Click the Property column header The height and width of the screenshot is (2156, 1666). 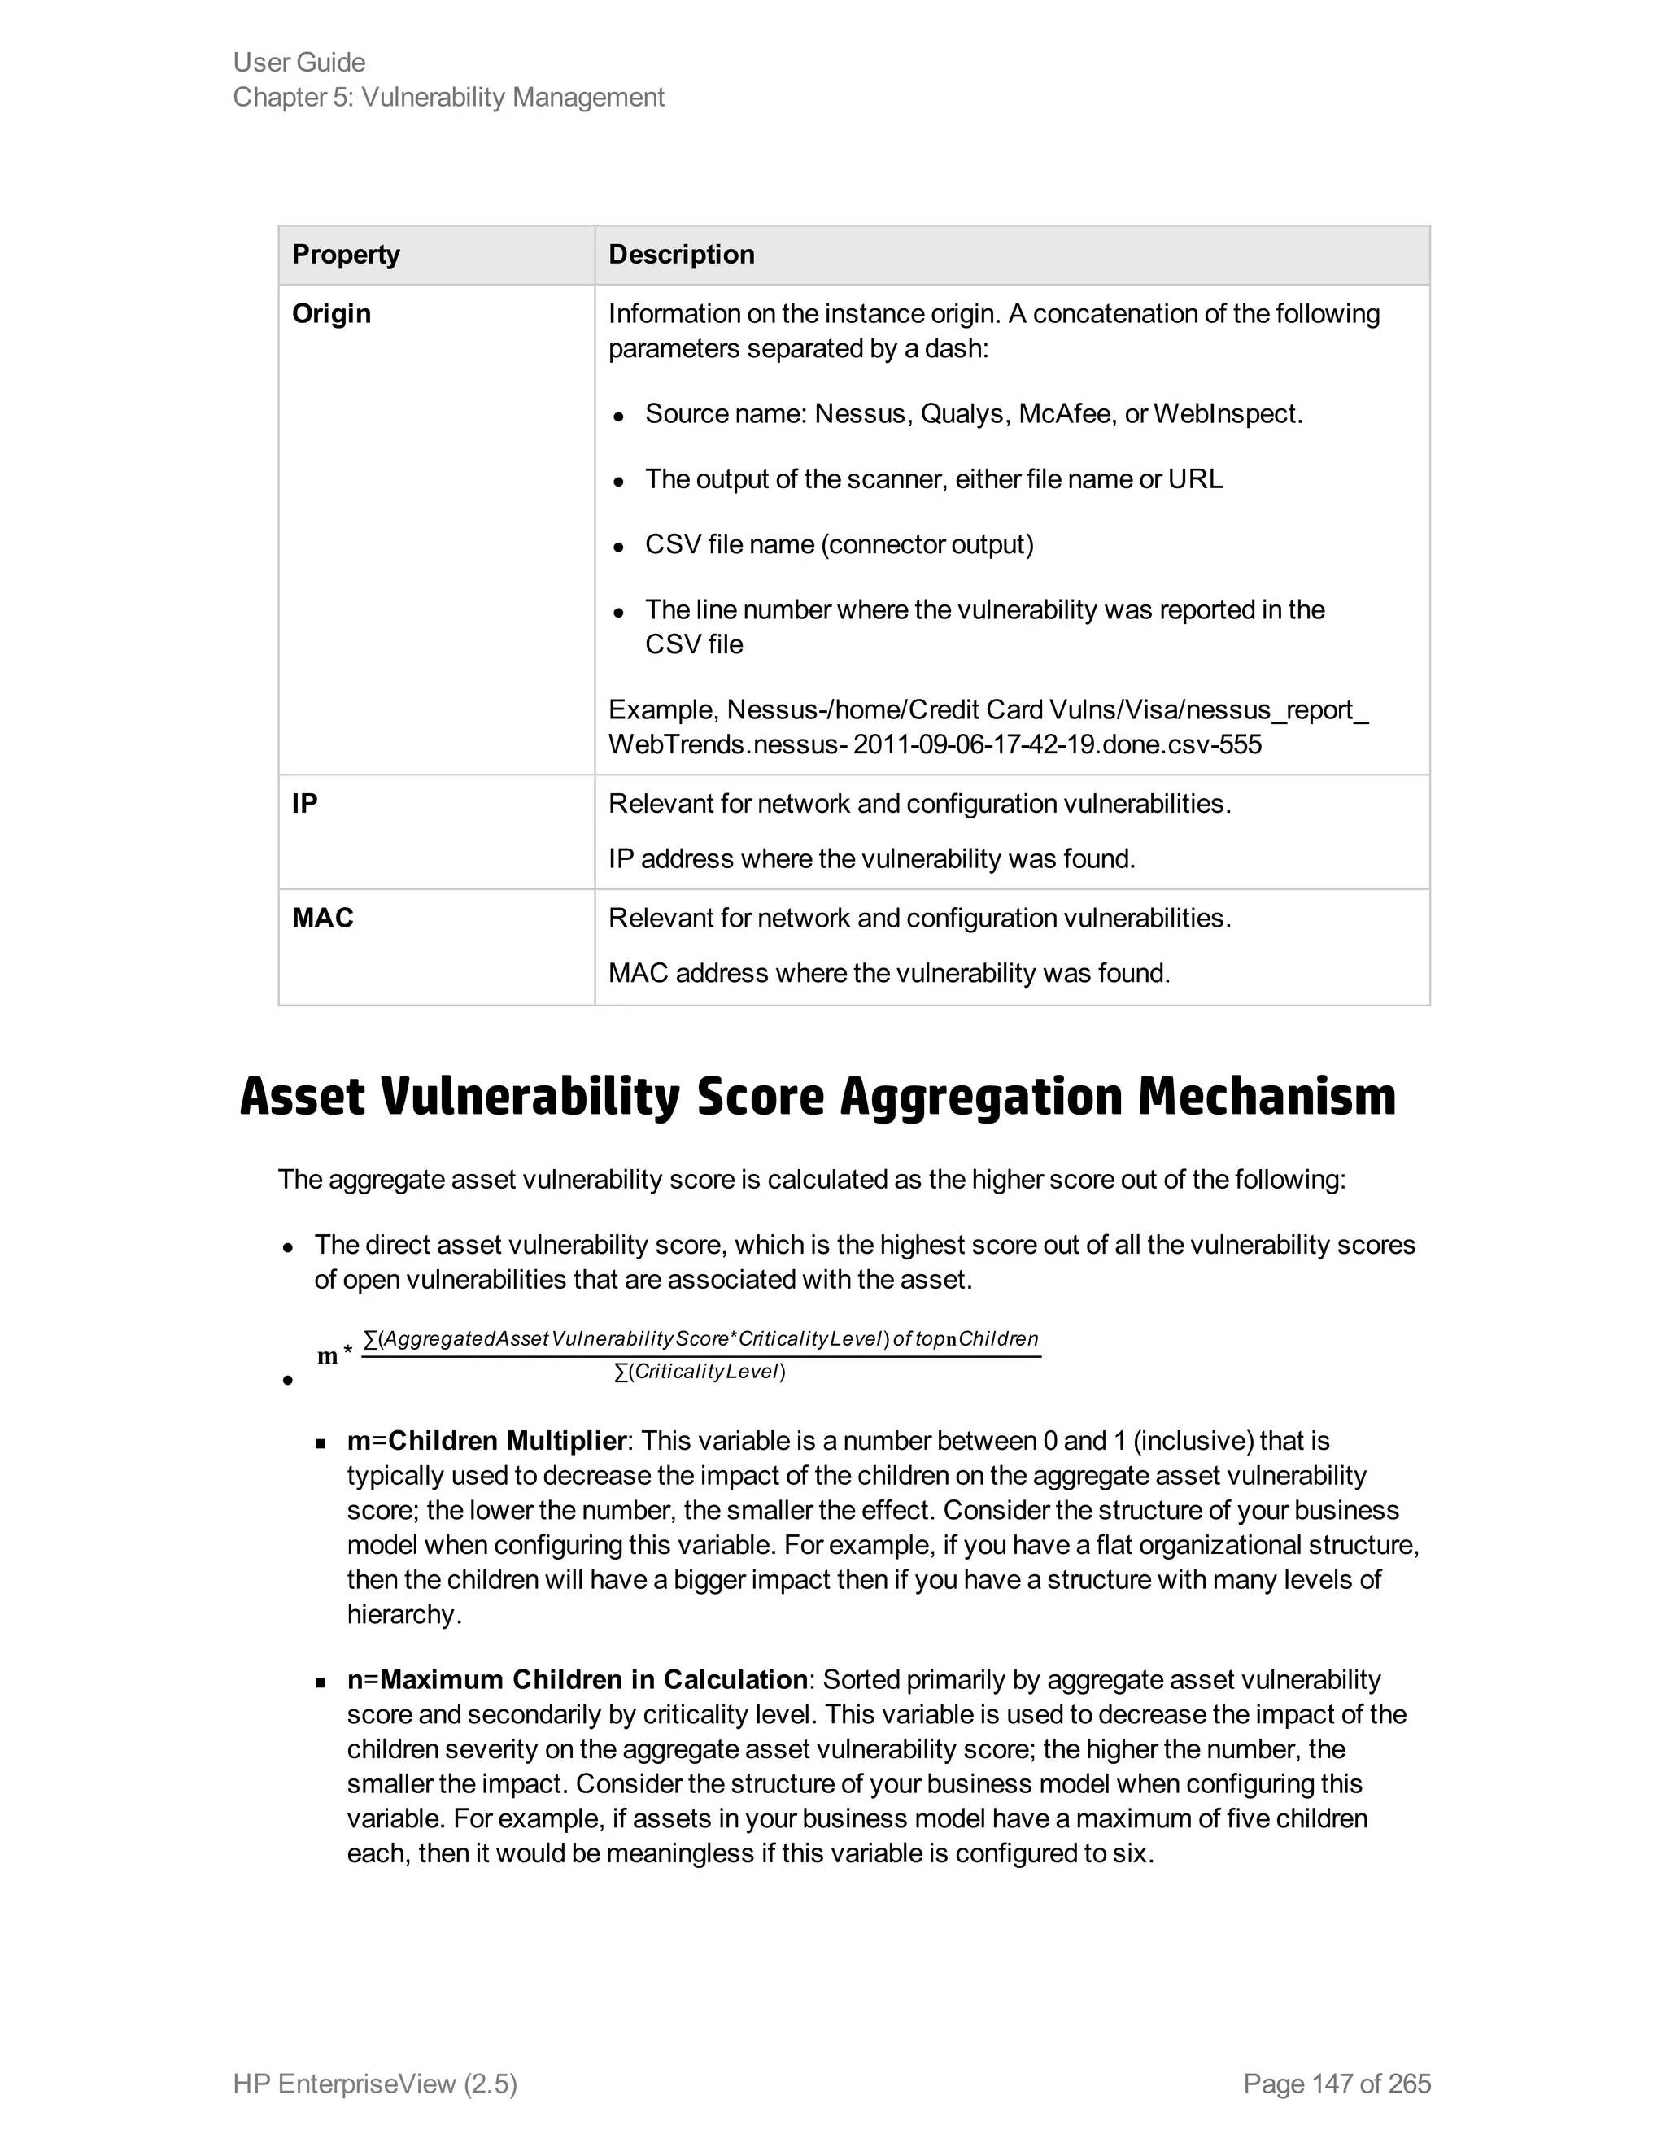[x=346, y=255]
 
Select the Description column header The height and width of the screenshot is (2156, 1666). [x=681, y=255]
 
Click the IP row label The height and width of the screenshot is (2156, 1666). [x=305, y=804]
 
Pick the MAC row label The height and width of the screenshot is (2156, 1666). [x=323, y=918]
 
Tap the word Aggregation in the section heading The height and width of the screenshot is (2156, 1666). [x=981, y=1097]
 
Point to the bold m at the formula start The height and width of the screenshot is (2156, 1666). [x=328, y=1356]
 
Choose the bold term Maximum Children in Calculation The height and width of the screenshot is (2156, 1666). [x=594, y=1680]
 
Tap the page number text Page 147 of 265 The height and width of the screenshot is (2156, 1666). [x=1337, y=2084]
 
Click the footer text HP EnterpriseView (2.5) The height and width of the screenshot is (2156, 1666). [x=375, y=2084]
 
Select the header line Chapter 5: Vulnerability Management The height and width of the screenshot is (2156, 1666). [x=448, y=98]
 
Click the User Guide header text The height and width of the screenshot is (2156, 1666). [x=299, y=62]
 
